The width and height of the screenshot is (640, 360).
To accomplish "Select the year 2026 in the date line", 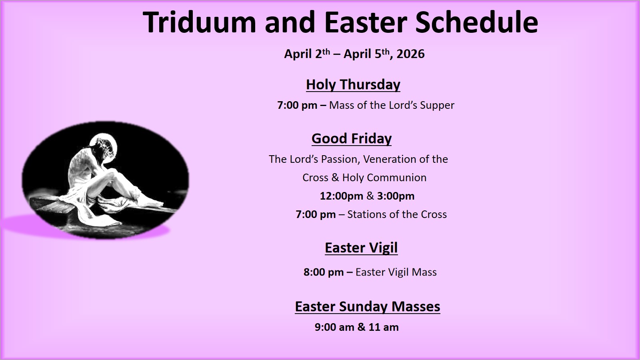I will [x=410, y=54].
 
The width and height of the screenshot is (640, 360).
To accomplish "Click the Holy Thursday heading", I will [x=353, y=85].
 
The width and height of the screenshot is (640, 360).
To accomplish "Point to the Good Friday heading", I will [x=352, y=139].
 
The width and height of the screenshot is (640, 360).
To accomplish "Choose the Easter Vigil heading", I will [x=361, y=248].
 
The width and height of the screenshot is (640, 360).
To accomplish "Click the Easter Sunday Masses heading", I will [x=367, y=307].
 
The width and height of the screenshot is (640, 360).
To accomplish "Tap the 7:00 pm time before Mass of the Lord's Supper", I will [x=297, y=106].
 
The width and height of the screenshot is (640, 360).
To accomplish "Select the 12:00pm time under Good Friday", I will [x=341, y=196].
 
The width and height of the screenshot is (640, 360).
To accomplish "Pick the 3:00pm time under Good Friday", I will [x=396, y=196].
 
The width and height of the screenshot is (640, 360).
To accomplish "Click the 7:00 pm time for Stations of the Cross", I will [x=316, y=214].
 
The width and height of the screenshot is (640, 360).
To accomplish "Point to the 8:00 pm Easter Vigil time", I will [x=323, y=272].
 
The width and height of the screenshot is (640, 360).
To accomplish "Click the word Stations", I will [x=368, y=214].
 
